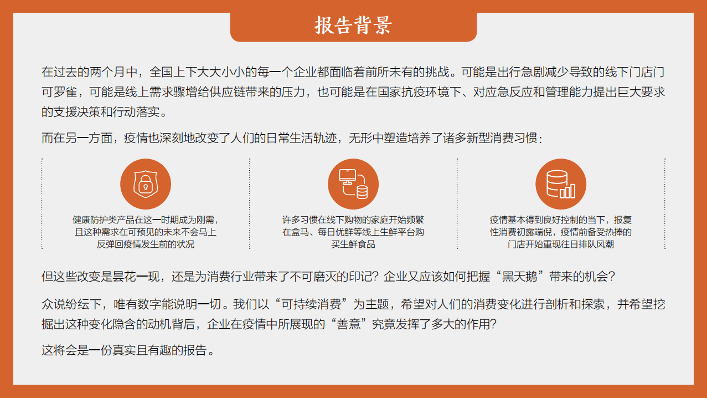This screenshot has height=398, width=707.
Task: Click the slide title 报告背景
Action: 353,25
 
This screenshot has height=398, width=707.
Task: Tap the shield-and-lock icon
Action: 146,184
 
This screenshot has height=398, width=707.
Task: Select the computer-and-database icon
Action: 353,184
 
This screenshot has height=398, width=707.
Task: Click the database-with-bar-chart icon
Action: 560,184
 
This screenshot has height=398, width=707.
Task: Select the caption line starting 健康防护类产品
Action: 146,220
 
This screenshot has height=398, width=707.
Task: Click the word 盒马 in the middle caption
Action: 303,232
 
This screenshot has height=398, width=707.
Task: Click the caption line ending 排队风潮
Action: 560,244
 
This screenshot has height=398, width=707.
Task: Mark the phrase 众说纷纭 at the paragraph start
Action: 65,304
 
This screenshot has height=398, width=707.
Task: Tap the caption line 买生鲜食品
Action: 353,244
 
